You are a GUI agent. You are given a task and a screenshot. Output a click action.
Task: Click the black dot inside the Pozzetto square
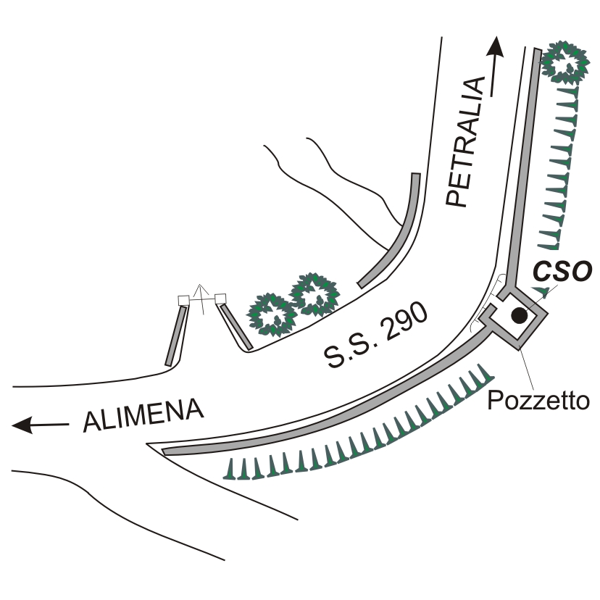coord(519,315)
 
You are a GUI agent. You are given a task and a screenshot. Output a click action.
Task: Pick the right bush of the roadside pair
coord(313,294)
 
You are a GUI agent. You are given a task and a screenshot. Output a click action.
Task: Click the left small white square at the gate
coord(183,300)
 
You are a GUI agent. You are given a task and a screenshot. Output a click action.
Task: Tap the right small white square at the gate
coord(220,298)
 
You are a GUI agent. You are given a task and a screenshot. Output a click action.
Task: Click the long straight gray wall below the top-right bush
coord(524,167)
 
